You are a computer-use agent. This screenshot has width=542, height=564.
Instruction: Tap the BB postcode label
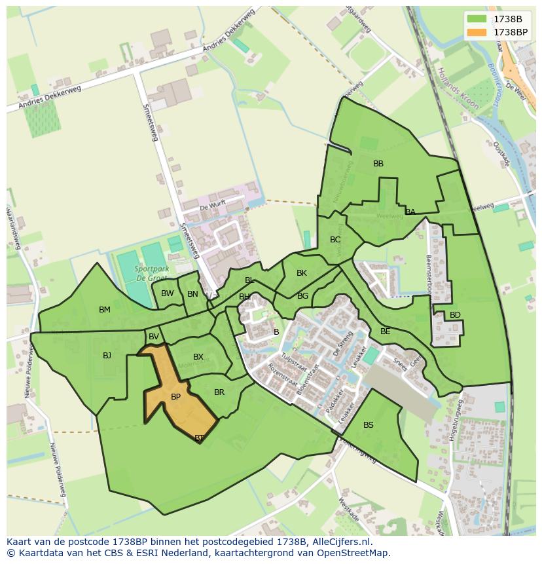click(x=378, y=164)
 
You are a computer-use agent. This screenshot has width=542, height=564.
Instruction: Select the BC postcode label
click(x=335, y=240)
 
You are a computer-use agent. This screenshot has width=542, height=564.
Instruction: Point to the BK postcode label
click(x=302, y=273)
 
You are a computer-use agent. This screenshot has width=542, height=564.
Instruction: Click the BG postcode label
click(x=302, y=296)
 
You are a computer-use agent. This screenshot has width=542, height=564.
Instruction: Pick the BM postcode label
click(x=105, y=310)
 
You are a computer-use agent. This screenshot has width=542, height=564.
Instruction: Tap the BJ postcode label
click(x=107, y=356)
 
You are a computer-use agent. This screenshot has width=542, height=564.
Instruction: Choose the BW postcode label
click(x=168, y=293)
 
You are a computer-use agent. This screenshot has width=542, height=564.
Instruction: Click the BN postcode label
click(x=192, y=294)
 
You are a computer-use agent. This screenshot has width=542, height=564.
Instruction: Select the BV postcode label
click(x=154, y=337)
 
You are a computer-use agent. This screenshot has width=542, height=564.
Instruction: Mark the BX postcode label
click(x=198, y=357)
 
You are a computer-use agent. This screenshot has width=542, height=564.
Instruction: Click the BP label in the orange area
click(x=175, y=397)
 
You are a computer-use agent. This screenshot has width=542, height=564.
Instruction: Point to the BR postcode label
click(x=219, y=392)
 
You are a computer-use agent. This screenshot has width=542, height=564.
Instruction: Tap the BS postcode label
click(x=369, y=425)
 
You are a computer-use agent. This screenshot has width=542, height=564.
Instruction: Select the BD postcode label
click(x=455, y=315)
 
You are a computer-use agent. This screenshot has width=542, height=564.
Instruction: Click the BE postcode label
click(x=385, y=331)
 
